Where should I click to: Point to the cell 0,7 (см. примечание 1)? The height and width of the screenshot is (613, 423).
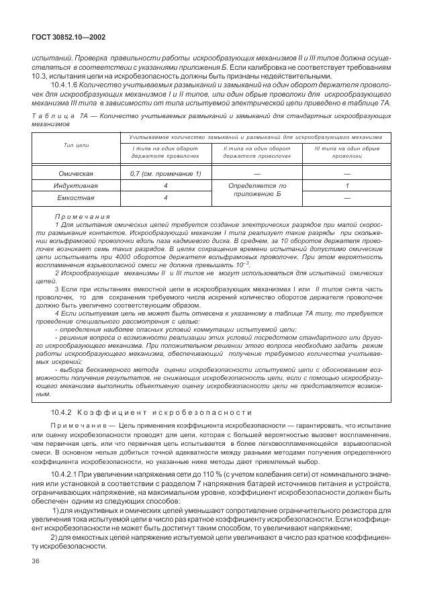click(x=165, y=173)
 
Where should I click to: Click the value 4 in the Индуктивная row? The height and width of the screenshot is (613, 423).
click(x=165, y=185)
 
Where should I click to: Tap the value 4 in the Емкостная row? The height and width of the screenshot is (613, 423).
click(x=165, y=198)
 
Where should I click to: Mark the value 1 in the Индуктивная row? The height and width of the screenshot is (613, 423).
click(x=347, y=185)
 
